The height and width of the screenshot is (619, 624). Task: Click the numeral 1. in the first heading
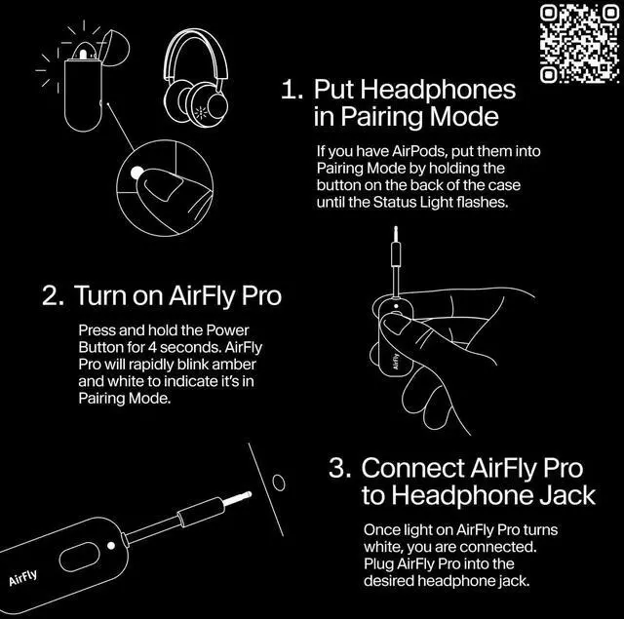click(x=292, y=91)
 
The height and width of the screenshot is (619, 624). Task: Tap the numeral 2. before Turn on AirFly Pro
click(x=54, y=296)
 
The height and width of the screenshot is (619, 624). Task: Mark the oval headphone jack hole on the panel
click(x=278, y=482)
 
